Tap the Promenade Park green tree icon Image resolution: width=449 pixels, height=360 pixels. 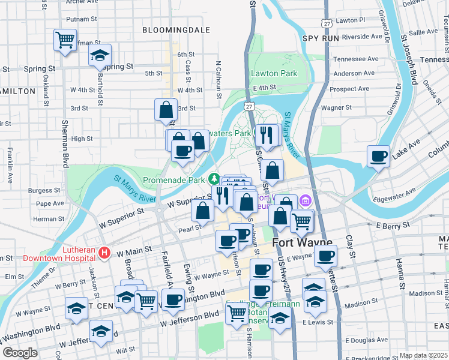coord(214,179)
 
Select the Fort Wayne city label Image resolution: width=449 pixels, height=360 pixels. coord(303,243)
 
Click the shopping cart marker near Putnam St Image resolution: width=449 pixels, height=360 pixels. coord(65,40)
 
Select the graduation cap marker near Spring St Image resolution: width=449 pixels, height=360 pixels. coord(100,56)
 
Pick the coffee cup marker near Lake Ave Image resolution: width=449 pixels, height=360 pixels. coord(378,157)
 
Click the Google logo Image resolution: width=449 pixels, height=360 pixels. coord(20,353)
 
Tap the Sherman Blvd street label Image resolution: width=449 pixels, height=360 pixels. coord(65,143)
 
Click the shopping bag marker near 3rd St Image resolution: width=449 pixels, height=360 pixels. coord(166,110)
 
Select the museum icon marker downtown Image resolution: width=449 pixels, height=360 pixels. coord(306,200)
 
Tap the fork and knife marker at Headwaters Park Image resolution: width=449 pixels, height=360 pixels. coord(265,136)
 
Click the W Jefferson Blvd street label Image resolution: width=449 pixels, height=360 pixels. coord(190,319)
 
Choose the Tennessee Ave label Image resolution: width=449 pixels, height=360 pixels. coord(356,59)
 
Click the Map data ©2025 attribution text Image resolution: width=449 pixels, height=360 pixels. coord(423,355)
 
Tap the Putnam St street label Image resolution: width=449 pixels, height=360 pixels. coord(82,19)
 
